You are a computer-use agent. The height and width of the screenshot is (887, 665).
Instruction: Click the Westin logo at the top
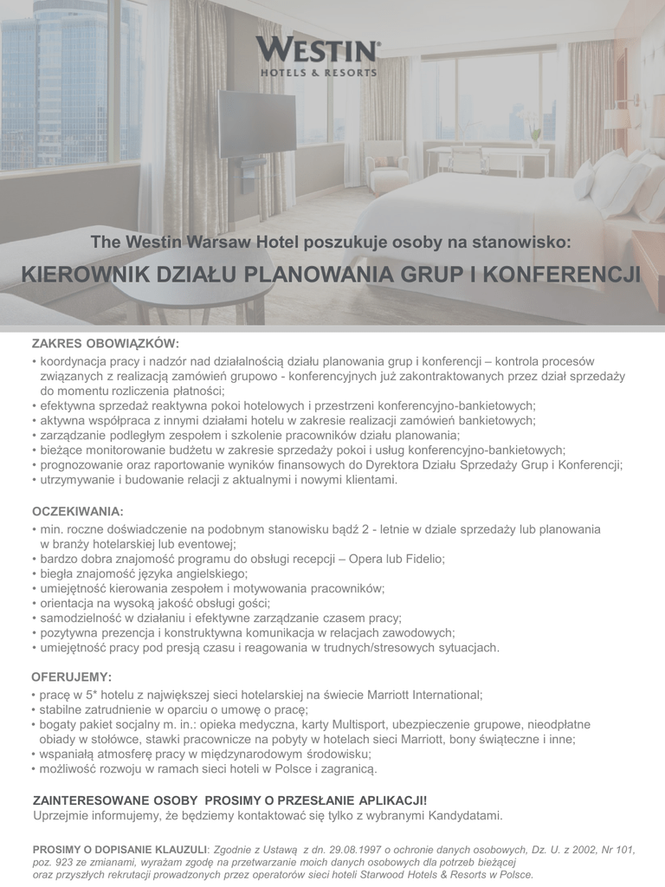click(x=318, y=57)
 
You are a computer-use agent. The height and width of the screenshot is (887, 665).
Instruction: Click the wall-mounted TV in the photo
click(x=243, y=125)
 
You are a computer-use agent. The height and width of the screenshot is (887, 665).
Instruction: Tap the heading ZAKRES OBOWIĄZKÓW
click(x=106, y=343)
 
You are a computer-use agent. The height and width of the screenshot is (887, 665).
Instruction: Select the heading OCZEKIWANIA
click(x=78, y=511)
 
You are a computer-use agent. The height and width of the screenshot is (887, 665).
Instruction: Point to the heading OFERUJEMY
click(x=73, y=676)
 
